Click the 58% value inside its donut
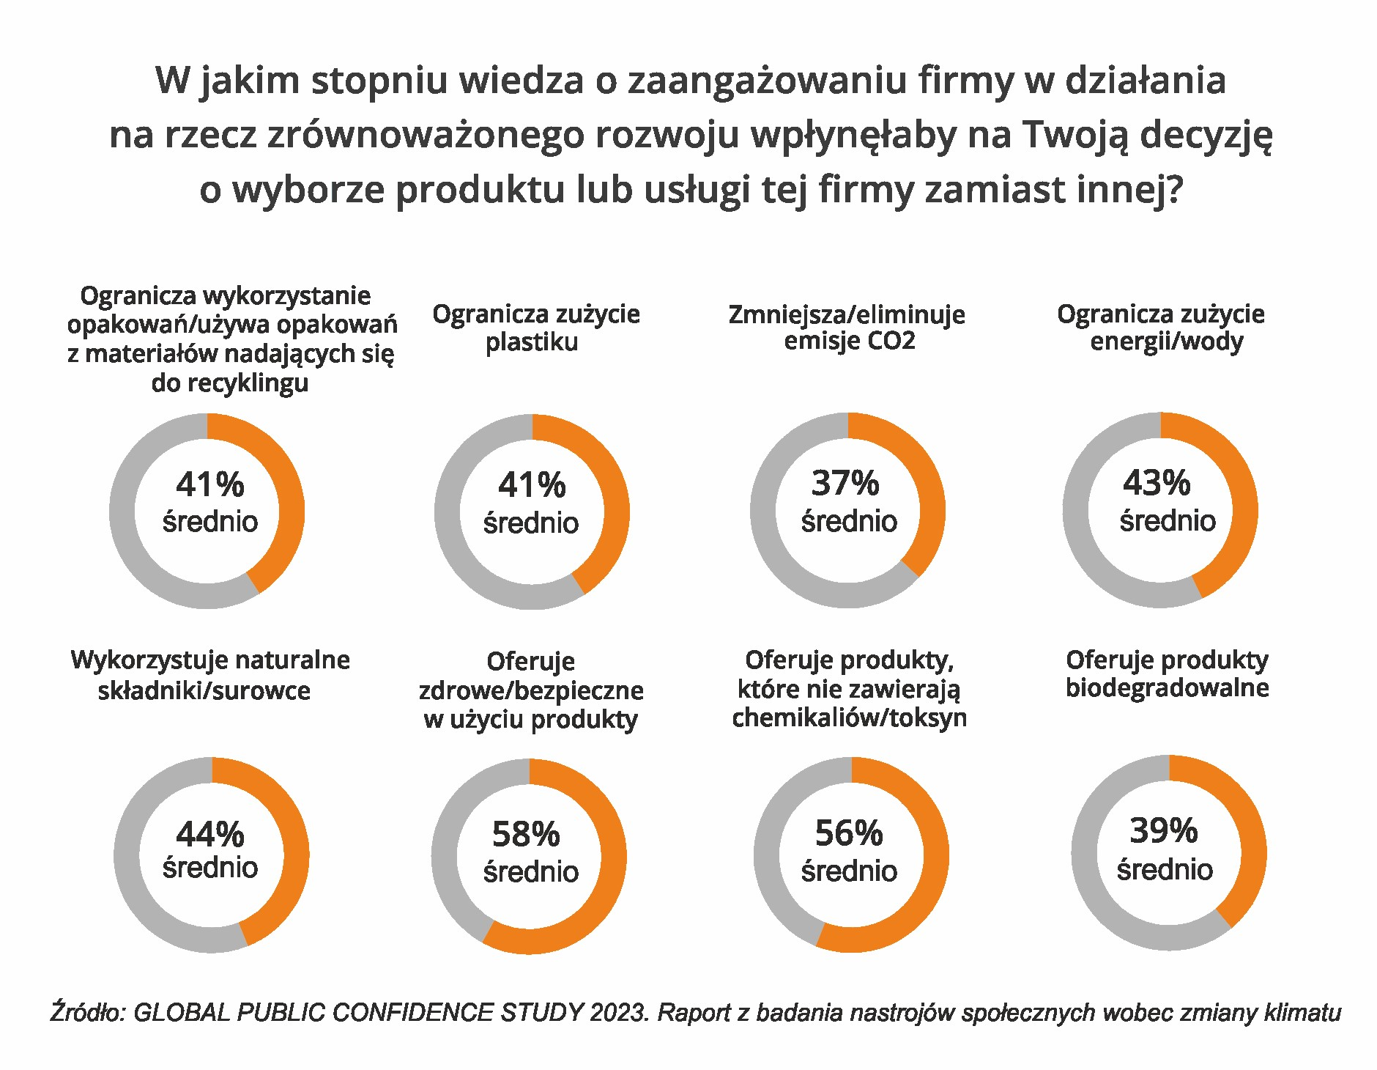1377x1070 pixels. click(x=525, y=834)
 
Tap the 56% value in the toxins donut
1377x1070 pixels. click(x=849, y=833)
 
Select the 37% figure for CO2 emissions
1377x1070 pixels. click(x=845, y=484)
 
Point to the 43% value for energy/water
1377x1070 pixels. click(x=1157, y=483)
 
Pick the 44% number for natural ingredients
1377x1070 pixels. click(x=210, y=834)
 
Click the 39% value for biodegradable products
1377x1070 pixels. click(x=1163, y=831)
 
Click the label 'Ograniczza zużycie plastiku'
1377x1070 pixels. click(x=535, y=328)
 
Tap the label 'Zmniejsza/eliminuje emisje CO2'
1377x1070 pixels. click(x=847, y=328)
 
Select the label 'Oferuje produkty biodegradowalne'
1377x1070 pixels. click(x=1167, y=674)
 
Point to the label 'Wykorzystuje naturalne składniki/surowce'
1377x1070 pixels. click(x=209, y=675)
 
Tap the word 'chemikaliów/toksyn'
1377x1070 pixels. click(x=849, y=717)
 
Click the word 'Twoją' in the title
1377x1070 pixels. click(x=1075, y=135)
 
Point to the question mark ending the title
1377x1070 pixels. click(x=1173, y=190)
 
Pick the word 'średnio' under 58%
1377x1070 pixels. click(x=531, y=871)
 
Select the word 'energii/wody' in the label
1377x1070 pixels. click(x=1166, y=342)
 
